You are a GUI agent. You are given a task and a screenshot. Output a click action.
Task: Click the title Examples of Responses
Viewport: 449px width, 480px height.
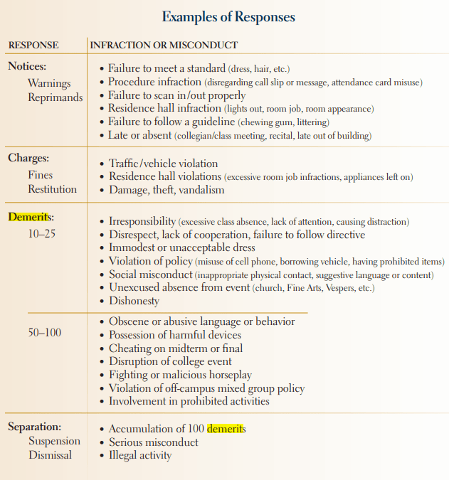point(228,16)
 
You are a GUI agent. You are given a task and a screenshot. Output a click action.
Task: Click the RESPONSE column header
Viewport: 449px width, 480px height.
point(33,46)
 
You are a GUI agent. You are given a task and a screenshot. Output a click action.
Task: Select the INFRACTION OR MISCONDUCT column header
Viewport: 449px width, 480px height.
point(164,46)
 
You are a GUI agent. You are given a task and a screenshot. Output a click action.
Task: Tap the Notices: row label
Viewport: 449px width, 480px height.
point(27,66)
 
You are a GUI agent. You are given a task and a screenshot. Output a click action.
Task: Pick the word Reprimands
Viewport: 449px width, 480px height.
point(56,97)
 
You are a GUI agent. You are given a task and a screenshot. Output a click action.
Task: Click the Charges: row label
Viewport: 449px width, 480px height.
point(28,158)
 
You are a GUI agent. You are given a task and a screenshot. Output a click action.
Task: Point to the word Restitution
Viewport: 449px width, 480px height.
point(53,189)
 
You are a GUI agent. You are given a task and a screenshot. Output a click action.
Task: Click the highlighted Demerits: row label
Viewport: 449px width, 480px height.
point(30,217)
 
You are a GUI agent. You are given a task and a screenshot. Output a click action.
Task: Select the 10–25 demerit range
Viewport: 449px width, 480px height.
point(42,233)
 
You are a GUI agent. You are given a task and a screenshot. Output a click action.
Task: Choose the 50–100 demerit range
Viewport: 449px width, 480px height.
point(45,332)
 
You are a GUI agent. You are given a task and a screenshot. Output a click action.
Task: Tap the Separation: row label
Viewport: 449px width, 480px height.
point(34,427)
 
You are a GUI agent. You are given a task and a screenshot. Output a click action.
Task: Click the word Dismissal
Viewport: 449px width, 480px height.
point(50,454)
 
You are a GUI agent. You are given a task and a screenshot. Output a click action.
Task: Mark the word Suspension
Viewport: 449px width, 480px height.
point(54,441)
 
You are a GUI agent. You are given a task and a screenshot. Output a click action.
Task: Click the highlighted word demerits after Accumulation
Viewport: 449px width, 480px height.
point(227,429)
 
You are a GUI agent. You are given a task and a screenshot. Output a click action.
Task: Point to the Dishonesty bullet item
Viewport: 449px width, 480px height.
point(134,301)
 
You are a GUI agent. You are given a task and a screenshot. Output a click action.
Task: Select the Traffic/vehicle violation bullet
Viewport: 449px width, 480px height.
point(163,164)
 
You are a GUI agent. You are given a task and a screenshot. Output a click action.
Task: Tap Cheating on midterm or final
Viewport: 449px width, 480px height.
point(175,348)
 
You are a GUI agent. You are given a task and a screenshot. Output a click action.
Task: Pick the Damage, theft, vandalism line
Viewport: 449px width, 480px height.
point(166,190)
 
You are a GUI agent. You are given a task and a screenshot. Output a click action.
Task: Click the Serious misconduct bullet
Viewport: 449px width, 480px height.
point(153,442)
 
